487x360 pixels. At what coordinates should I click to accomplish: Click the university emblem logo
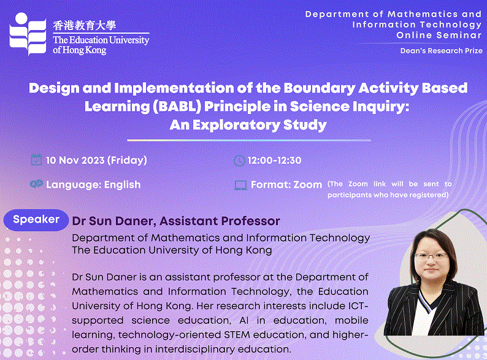click(x=28, y=34)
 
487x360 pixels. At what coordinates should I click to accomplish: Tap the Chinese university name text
click(x=85, y=26)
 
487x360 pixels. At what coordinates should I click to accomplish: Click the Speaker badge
click(x=36, y=220)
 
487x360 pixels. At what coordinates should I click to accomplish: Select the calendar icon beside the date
click(x=36, y=159)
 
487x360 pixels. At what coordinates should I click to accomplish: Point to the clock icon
click(x=239, y=161)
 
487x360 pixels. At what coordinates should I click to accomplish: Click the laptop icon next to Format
click(x=240, y=185)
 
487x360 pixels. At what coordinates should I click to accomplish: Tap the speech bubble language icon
click(x=36, y=184)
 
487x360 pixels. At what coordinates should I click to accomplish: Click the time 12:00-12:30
click(x=275, y=160)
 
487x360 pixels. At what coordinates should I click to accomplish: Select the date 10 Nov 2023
click(x=75, y=160)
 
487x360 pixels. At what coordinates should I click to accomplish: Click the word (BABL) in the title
click(x=177, y=107)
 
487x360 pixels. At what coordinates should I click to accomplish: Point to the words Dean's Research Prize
click(x=442, y=51)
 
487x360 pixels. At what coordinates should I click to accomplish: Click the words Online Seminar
click(x=439, y=35)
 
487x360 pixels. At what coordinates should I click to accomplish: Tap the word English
click(x=123, y=185)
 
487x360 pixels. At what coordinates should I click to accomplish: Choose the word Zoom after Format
click(x=308, y=185)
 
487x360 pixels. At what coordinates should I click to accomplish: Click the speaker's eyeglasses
click(x=432, y=256)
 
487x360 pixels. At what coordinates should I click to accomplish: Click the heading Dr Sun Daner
click(x=112, y=221)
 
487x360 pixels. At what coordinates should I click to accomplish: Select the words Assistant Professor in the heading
click(x=220, y=221)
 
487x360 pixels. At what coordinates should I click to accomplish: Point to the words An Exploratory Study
click(x=248, y=125)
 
